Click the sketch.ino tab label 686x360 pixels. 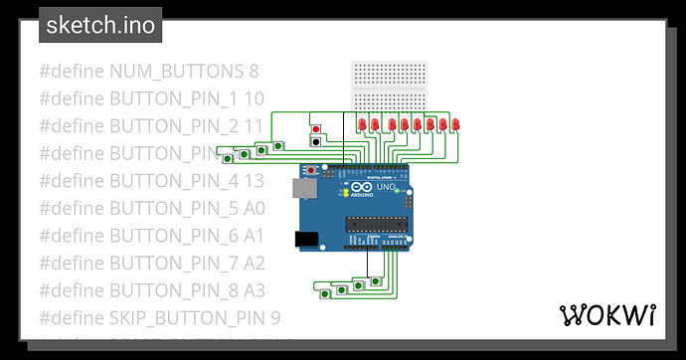coord(100,25)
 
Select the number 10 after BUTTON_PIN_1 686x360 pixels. coord(254,98)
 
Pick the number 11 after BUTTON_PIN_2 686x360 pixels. coord(254,126)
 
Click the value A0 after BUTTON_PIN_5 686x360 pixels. coord(255,209)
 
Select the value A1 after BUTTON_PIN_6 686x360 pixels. coord(255,236)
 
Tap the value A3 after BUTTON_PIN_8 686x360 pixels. coord(255,290)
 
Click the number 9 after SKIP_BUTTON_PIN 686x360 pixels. coord(275,318)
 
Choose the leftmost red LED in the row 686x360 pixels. coord(362,124)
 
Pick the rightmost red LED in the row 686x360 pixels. coord(455,124)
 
